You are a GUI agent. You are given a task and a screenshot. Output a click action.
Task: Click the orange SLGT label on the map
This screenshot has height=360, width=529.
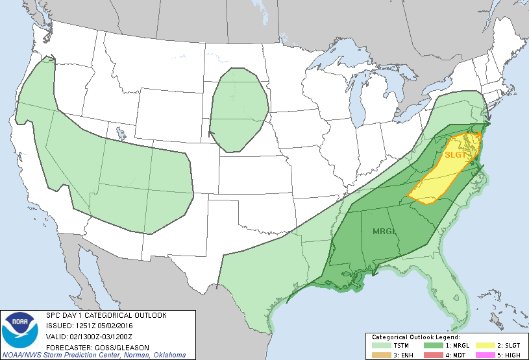pos(456,154)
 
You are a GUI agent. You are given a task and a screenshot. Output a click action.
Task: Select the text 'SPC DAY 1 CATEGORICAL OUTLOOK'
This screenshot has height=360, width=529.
pos(106,315)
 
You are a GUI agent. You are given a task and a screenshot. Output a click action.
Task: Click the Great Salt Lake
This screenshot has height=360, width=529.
pos(121,134)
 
